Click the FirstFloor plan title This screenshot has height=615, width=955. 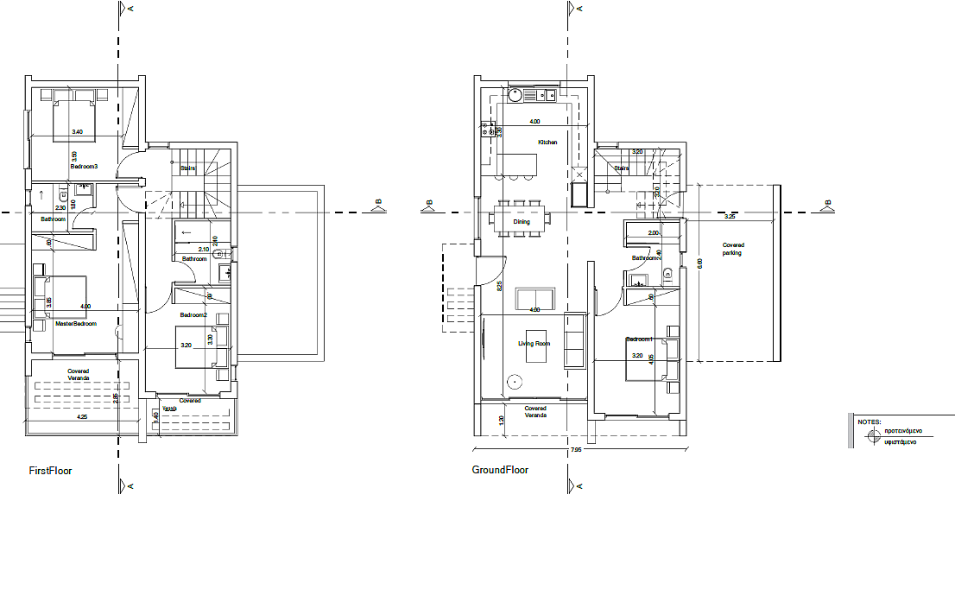click(51, 472)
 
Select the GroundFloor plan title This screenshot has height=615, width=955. click(500, 471)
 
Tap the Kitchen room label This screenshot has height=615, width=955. click(547, 143)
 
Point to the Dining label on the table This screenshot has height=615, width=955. click(521, 222)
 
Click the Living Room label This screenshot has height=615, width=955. click(534, 344)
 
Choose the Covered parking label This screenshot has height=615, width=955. click(732, 250)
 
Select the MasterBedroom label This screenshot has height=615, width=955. click(76, 325)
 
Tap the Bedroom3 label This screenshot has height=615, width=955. click(84, 166)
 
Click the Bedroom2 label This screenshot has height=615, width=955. click(193, 316)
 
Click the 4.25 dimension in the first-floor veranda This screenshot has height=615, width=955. click(82, 417)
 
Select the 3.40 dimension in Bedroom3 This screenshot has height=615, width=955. click(77, 132)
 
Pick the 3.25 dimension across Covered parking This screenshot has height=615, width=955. click(730, 217)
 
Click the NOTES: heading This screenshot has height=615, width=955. click(869, 422)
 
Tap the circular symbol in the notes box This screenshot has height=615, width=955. click(872, 435)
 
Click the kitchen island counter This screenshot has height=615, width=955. click(517, 163)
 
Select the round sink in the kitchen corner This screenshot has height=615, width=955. click(515, 94)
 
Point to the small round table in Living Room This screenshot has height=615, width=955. click(515, 379)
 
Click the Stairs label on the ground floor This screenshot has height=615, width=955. click(620, 168)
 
